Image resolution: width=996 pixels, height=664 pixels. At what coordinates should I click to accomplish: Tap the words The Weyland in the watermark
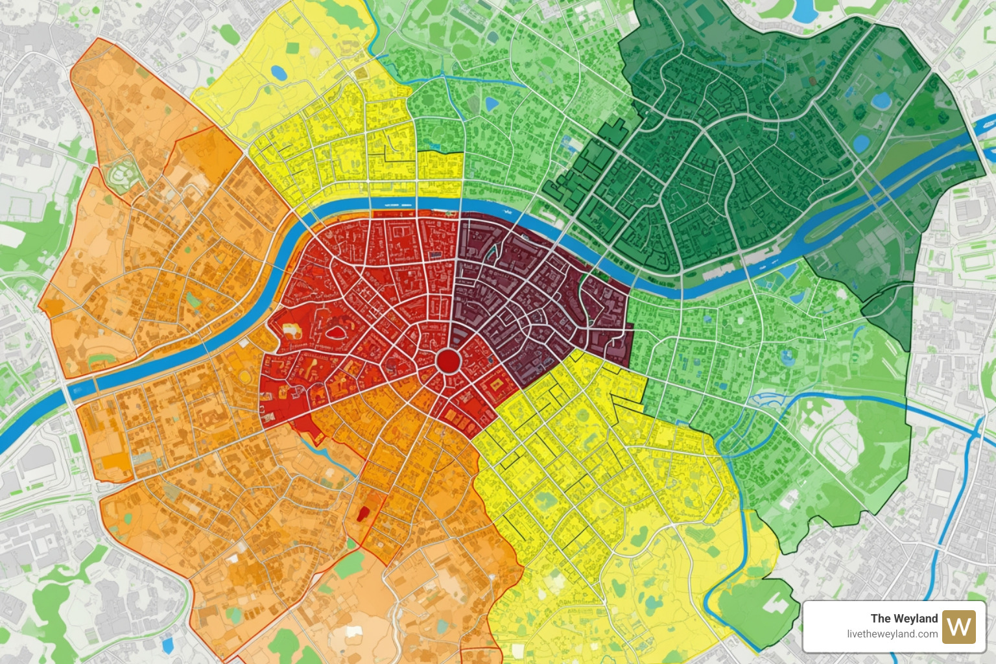coord(904,618)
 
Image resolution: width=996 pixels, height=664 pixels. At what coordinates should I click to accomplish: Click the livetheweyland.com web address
coord(892,634)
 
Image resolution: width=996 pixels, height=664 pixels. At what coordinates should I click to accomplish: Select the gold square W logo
coord(959,626)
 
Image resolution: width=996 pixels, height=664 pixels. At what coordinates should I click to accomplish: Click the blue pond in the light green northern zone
coord(492,104)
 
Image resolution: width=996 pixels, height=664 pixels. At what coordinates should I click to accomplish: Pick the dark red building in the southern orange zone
coord(362,513)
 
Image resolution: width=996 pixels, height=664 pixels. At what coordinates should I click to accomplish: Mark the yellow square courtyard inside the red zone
coord(497,385)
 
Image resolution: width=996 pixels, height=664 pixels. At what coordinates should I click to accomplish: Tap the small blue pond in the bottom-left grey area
coord(168,645)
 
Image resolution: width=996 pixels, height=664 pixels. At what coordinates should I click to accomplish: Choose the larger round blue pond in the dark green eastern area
coord(881,101)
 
